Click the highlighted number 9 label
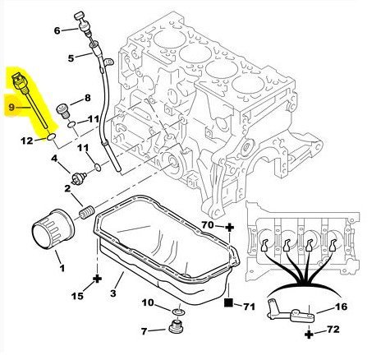coord(11,107)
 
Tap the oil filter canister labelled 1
coord(53,228)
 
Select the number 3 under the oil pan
coord(113,293)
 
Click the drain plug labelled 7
coord(176,326)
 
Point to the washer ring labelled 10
coord(178,312)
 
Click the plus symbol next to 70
coord(229,227)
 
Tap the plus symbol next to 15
coord(97,279)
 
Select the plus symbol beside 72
coord(309,334)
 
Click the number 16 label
coord(341,307)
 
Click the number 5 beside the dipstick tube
coord(71,58)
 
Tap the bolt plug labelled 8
coord(62,112)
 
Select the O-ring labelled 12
coord(52,136)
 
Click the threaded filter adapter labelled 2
coord(86,213)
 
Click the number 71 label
coord(249,307)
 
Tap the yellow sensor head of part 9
coord(17,80)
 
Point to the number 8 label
coord(87,98)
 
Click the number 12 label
coord(27,141)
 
